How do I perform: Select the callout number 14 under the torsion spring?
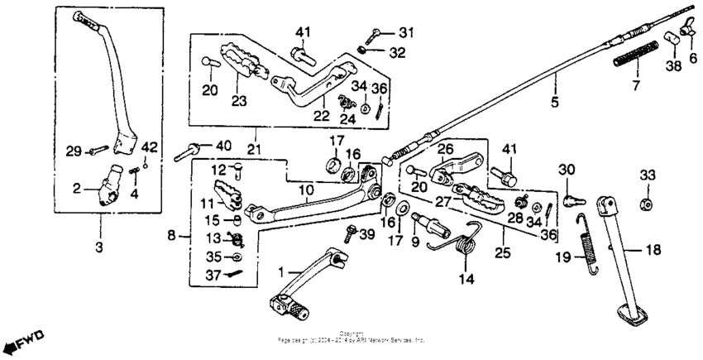click(x=467, y=279)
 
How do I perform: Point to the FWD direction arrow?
click(x=22, y=341)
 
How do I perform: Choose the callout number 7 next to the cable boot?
click(x=636, y=85)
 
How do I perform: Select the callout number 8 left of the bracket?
click(x=172, y=236)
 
